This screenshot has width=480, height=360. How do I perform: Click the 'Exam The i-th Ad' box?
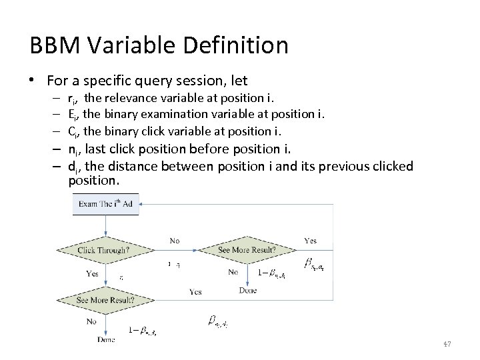tap(105, 203)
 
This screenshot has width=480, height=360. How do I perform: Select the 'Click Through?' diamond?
tap(104, 251)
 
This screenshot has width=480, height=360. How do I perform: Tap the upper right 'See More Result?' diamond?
tap(247, 251)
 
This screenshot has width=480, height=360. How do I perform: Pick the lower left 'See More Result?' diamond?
tap(105, 300)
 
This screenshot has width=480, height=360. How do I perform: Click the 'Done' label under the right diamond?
tap(247, 290)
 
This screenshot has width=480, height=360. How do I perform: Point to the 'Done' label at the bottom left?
tap(105, 339)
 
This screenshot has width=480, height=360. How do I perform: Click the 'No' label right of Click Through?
tap(175, 241)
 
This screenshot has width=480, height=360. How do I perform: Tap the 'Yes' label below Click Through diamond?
tap(92, 273)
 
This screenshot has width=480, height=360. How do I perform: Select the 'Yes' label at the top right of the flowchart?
tap(310, 241)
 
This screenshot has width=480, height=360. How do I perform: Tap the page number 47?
tap(447, 344)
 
